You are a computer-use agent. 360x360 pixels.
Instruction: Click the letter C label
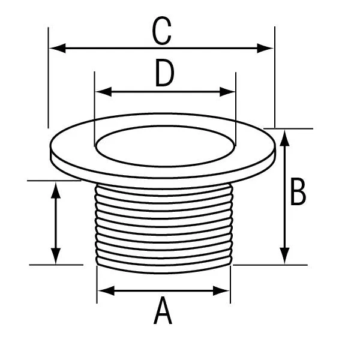click(162, 31)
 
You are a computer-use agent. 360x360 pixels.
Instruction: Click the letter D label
click(164, 73)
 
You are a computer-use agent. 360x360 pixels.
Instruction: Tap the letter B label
click(298, 191)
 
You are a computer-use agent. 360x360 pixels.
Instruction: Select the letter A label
click(163, 310)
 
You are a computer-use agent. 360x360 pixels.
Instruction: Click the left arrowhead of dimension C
click(58, 48)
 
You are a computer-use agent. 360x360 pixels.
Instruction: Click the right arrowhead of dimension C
click(265, 48)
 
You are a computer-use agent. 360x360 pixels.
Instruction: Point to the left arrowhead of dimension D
click(104, 92)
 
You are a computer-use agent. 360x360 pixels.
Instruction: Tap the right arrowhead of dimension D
click(227, 92)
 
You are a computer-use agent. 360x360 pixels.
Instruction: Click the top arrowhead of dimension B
click(284, 138)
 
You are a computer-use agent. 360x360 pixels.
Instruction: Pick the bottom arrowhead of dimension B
click(284, 256)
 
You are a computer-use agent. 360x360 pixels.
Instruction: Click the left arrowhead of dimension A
click(106, 290)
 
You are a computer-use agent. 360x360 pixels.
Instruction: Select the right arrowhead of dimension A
click(221, 290)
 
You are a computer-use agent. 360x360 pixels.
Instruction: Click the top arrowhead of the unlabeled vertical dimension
click(56, 190)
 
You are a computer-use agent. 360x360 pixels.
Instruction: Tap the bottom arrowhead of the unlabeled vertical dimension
click(56, 256)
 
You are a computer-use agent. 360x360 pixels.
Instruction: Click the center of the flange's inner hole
click(166, 146)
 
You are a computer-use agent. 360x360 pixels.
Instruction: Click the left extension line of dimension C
click(48, 77)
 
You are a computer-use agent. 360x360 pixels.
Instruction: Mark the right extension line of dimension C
click(275, 77)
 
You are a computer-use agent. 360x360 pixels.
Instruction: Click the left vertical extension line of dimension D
click(95, 109)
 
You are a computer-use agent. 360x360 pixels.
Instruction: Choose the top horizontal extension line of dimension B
click(289, 128)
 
